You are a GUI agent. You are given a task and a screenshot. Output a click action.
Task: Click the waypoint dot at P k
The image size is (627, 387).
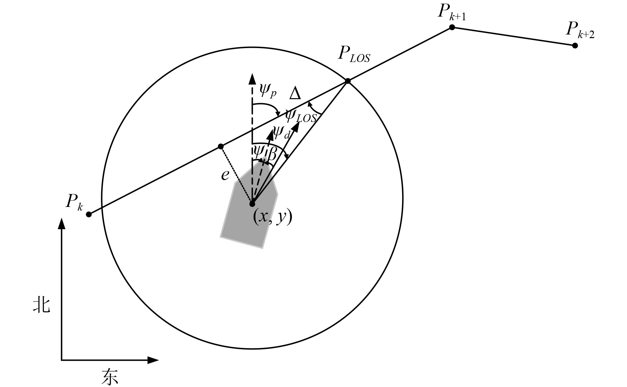tap(89, 214)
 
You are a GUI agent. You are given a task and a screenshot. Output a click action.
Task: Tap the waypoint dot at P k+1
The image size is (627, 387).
tap(452, 27)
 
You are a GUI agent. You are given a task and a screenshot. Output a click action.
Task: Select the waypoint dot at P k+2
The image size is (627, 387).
tap(575, 45)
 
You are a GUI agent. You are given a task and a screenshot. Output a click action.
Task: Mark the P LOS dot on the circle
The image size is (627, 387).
tap(348, 81)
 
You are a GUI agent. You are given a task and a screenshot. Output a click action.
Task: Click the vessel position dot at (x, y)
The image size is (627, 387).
tap(252, 204)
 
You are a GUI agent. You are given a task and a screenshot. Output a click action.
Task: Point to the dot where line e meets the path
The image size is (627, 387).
tap(221, 146)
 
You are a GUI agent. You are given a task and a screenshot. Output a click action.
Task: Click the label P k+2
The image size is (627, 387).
tap(580, 30)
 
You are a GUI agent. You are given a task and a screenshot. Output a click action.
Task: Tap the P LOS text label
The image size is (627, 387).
tap(354, 54)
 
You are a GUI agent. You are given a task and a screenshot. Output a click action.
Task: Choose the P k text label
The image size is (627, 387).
tap(74, 202)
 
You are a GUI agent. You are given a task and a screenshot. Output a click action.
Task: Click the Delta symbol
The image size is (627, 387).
tap(295, 94)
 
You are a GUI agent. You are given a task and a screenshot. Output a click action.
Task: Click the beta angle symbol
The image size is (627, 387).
tap(272, 154)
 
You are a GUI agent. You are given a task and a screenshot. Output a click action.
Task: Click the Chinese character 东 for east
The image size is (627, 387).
tap(110, 376)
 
